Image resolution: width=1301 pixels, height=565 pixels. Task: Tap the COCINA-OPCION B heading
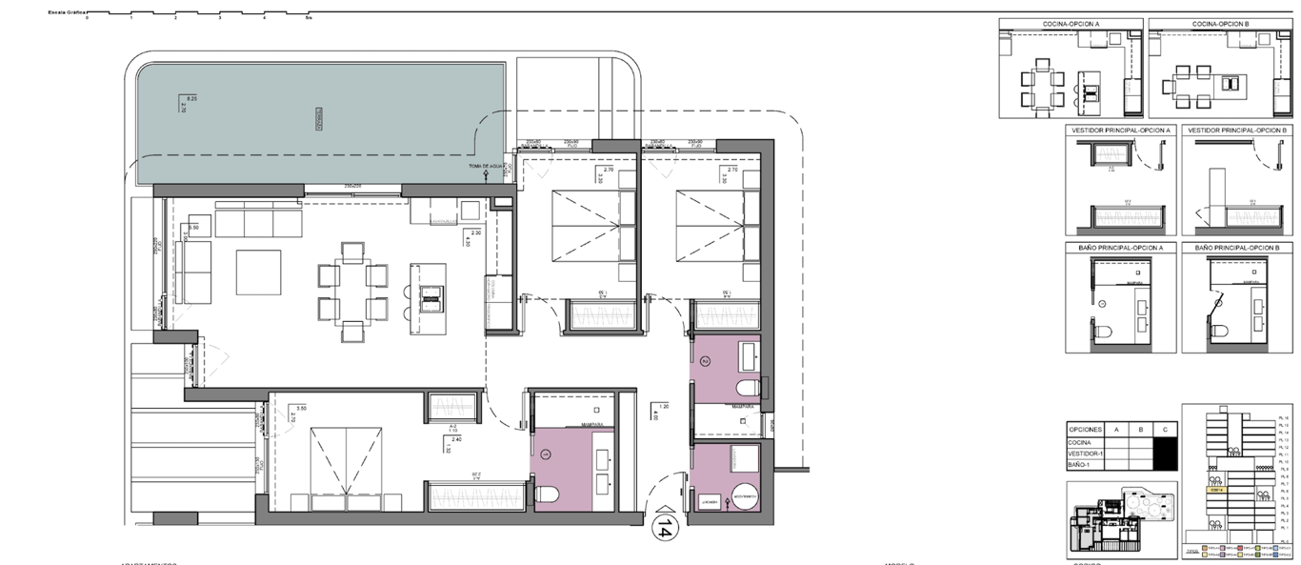(x=1220, y=24)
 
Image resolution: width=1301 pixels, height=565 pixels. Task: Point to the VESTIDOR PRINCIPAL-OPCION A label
(x=1121, y=130)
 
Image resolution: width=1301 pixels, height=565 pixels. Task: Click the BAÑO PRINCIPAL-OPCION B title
(x=1239, y=247)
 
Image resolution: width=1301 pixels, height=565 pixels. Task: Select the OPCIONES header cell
(x=1085, y=430)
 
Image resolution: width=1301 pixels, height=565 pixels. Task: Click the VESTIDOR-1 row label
(x=1087, y=454)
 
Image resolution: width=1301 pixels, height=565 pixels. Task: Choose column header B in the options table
(x=1141, y=430)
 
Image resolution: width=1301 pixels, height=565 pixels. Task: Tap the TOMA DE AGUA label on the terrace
(x=485, y=167)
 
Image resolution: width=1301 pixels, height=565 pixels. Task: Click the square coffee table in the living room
(x=258, y=272)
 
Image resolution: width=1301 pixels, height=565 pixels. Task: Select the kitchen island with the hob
(x=427, y=298)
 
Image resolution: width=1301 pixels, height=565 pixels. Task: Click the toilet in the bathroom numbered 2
(x=748, y=387)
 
